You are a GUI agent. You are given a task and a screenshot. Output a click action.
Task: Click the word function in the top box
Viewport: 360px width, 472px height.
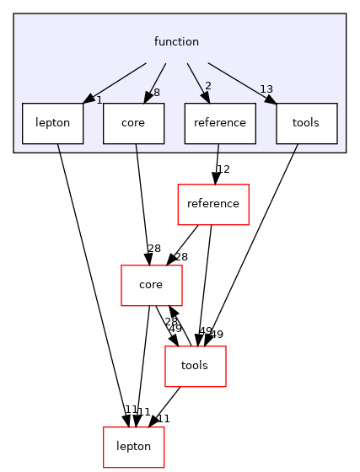click(x=176, y=42)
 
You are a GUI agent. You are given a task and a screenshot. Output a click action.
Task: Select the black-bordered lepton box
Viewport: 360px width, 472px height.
click(x=52, y=123)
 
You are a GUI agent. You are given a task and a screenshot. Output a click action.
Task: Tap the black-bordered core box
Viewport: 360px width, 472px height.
click(x=133, y=123)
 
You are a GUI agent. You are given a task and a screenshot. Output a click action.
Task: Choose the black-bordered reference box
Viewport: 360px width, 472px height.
click(x=219, y=123)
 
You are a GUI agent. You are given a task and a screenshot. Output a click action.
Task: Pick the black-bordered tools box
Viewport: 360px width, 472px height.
click(x=306, y=123)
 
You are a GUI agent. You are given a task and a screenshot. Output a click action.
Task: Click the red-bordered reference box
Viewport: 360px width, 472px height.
click(x=212, y=204)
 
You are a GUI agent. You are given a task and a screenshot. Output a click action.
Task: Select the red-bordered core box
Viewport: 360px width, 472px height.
click(x=151, y=285)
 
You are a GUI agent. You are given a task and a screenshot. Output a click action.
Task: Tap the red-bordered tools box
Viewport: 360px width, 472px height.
click(x=195, y=366)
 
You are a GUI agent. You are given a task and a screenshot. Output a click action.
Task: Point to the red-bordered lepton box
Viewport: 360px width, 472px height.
click(x=133, y=447)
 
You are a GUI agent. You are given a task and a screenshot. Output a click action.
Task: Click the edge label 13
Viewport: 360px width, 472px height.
click(x=266, y=90)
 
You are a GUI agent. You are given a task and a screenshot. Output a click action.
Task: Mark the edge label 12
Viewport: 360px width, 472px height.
click(x=223, y=170)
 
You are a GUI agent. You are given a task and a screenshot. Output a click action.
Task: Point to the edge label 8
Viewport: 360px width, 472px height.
click(x=157, y=94)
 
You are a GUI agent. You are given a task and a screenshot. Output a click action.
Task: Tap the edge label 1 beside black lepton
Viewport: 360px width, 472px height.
click(x=99, y=100)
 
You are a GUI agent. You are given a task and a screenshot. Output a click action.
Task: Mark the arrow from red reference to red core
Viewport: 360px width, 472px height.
click(x=185, y=243)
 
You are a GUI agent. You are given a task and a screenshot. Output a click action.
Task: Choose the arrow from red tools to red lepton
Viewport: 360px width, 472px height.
click(x=165, y=405)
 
